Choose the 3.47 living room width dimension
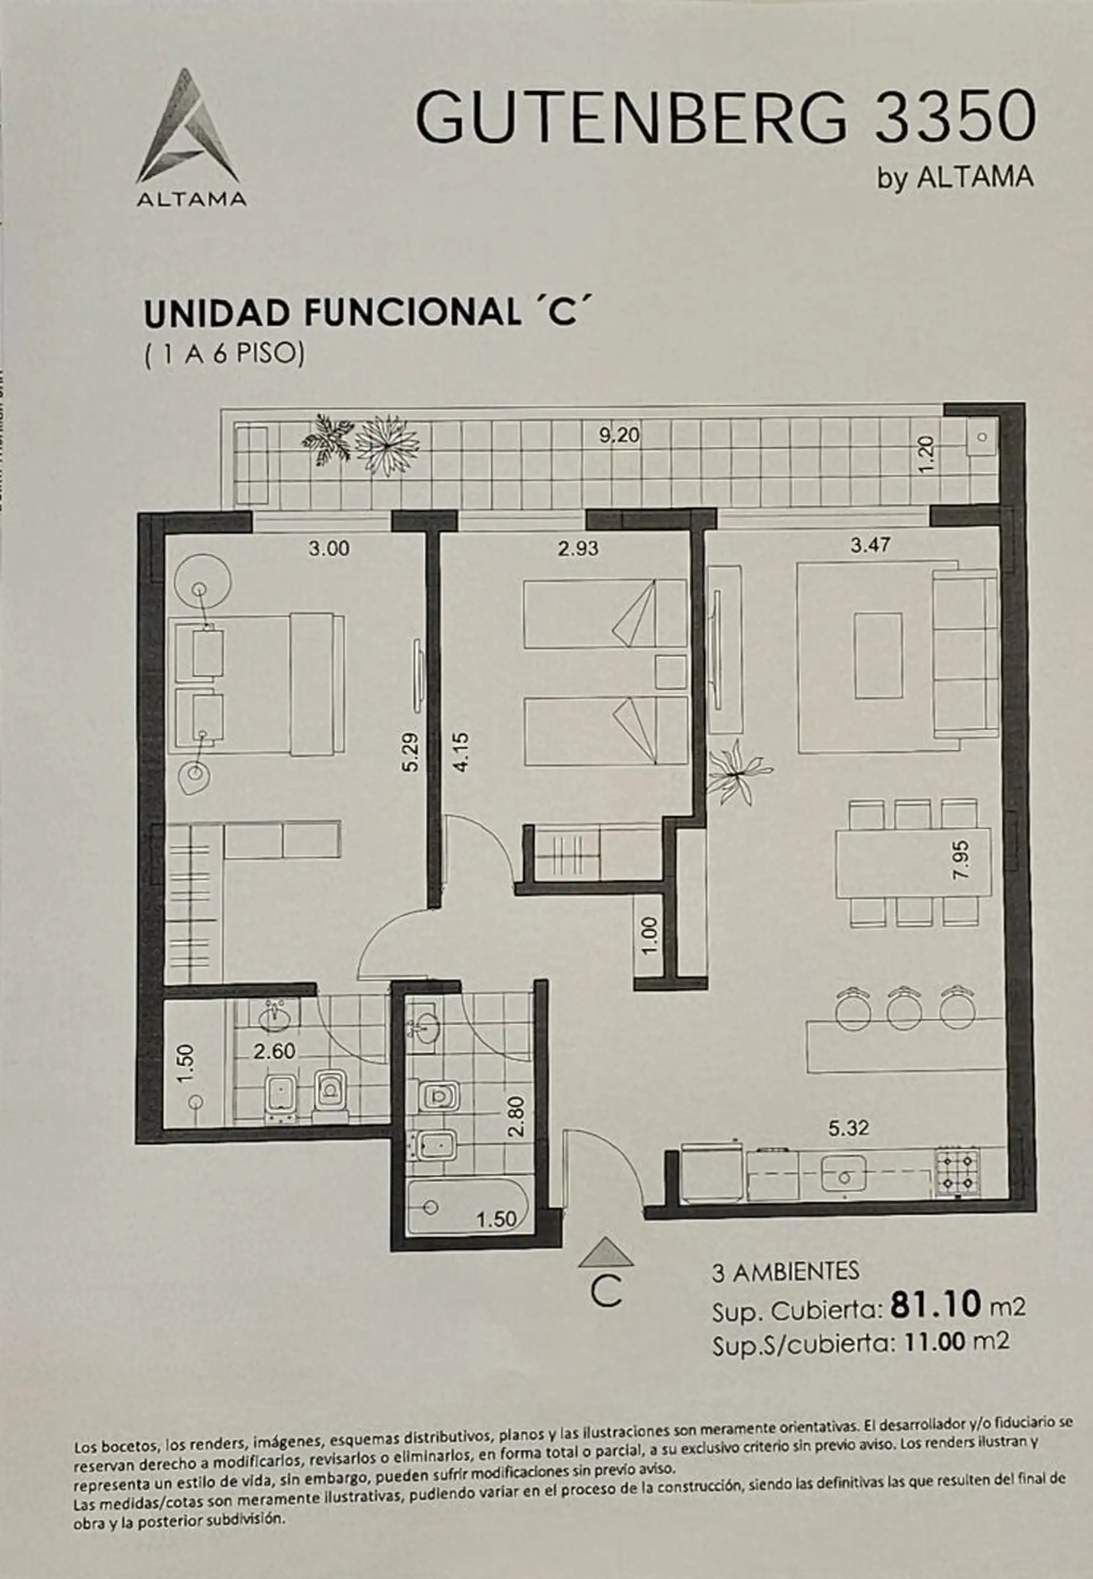coord(870,546)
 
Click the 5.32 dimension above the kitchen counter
coord(849,1127)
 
